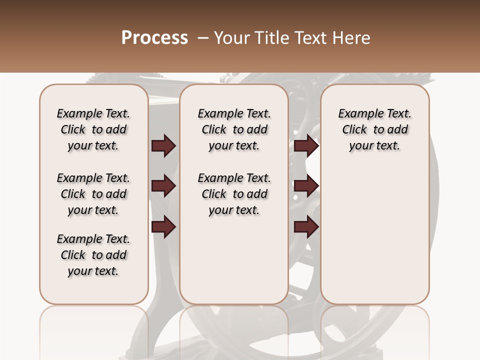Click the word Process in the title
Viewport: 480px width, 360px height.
pos(154,38)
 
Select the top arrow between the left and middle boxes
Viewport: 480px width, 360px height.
pos(163,145)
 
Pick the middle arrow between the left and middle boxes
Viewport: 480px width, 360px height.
pos(163,186)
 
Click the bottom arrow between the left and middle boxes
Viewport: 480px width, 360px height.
pos(163,227)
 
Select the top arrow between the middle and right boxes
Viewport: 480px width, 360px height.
pos(306,145)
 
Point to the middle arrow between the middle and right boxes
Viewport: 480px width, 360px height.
pos(306,186)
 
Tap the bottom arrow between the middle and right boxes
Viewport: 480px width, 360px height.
pos(306,227)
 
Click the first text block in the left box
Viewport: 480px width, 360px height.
pos(93,129)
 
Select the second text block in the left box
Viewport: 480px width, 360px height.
pos(93,194)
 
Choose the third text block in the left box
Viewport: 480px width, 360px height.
pos(93,255)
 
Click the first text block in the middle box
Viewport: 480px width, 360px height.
pos(234,129)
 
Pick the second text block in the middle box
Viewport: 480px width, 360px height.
pos(234,194)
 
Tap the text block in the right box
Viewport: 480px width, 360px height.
pos(375,129)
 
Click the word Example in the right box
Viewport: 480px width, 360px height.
pos(359,114)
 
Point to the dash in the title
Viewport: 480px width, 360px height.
pos(202,38)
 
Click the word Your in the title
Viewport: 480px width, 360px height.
pos(231,38)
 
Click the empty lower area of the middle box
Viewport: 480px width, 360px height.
pos(234,260)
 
